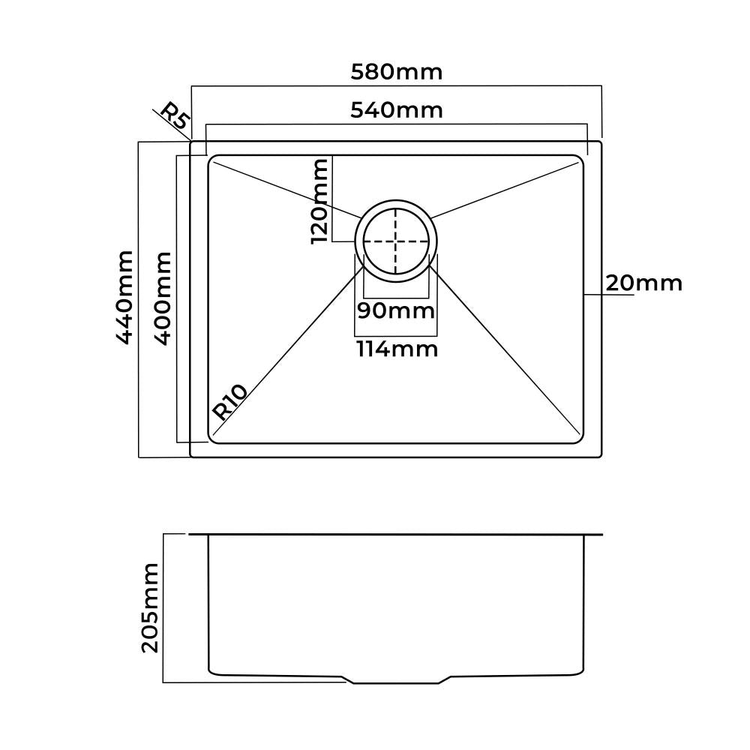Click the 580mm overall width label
pos(397,72)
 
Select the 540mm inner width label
pos(397,110)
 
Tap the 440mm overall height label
pos(124,298)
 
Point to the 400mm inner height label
pos(163,298)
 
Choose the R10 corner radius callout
pos(230,401)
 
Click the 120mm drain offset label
pos(320,201)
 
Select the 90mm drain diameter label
pos(395,310)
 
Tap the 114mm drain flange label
pos(397,349)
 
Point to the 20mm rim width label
pos(643,283)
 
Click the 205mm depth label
pos(151,607)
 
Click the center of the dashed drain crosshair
pos(396,242)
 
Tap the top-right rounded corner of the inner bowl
pos(578,160)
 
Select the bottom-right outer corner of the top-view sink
pos(601,456)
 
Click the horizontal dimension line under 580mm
pos(397,87)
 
